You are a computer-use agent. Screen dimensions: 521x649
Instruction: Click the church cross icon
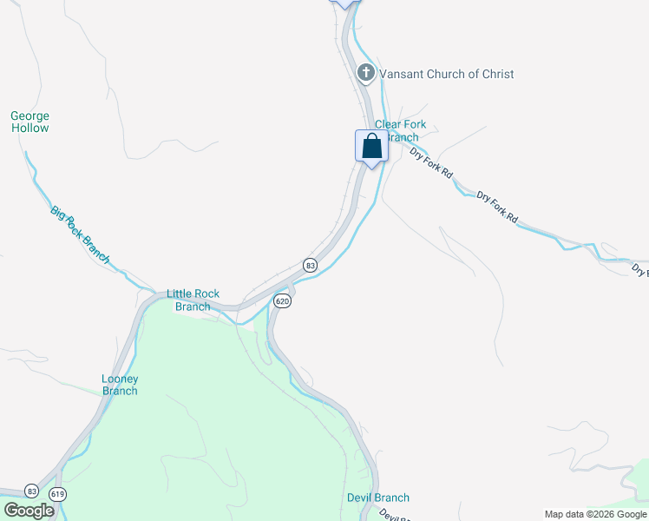(366, 73)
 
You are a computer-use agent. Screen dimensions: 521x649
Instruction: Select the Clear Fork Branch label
(400, 131)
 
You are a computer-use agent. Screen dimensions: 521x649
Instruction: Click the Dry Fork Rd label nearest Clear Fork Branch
(431, 162)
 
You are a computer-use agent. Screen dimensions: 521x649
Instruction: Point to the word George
(29, 115)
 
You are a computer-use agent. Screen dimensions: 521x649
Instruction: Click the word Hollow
(29, 129)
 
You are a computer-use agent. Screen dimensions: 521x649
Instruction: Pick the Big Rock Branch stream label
(80, 234)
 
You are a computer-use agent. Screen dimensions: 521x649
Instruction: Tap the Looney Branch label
(120, 385)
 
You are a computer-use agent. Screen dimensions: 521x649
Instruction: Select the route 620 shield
(281, 301)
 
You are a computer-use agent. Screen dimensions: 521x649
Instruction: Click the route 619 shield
(58, 494)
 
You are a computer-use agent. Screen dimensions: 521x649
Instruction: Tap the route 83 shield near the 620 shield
(309, 264)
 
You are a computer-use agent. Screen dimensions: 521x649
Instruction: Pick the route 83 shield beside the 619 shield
(31, 491)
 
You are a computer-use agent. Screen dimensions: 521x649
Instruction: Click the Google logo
(29, 511)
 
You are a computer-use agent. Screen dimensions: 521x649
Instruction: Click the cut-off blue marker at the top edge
(345, 3)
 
